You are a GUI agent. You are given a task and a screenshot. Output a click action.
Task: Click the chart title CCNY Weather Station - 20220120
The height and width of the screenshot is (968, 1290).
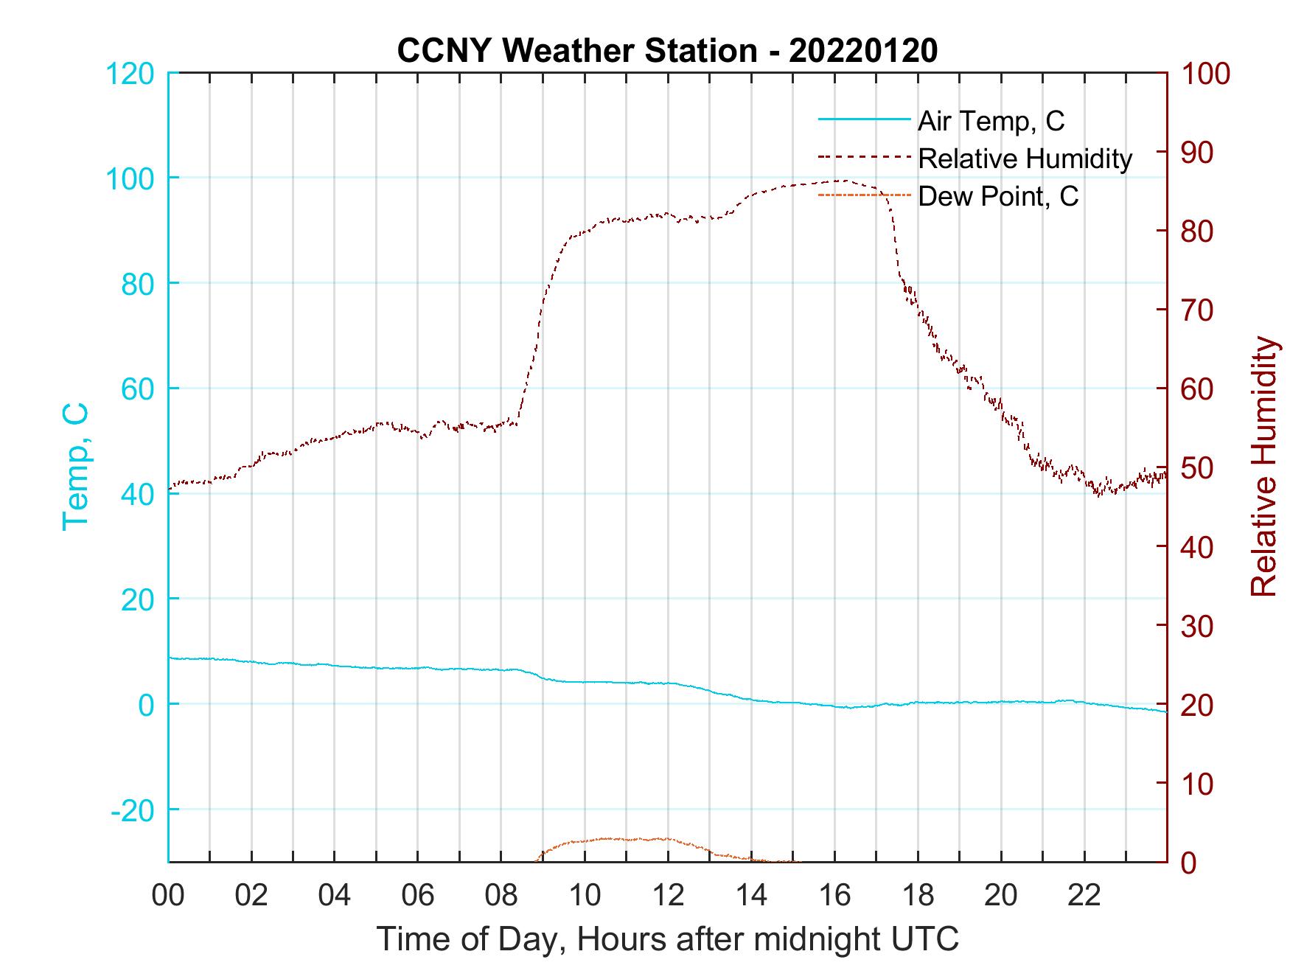(x=667, y=51)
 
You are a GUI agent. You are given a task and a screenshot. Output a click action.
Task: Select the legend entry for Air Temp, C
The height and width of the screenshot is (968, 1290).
(x=991, y=121)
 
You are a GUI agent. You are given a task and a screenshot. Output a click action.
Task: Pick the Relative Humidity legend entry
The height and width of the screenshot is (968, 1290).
(x=1025, y=159)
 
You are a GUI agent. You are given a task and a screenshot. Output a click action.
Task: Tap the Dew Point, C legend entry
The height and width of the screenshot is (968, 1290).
(x=998, y=196)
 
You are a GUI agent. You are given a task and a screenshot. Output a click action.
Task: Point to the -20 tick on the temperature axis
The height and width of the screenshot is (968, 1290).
(x=133, y=810)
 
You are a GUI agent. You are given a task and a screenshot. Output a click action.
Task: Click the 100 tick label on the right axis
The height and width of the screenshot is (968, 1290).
(x=1206, y=74)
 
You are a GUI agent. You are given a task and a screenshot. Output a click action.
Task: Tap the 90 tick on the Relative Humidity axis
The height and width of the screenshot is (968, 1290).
(x=1199, y=153)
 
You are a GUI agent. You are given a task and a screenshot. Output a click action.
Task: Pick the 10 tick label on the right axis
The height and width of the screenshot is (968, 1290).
(x=1199, y=784)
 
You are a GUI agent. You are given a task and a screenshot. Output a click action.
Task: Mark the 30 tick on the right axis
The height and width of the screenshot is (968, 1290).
(x=1199, y=626)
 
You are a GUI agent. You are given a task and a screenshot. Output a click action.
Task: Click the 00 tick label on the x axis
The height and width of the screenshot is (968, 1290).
(x=168, y=896)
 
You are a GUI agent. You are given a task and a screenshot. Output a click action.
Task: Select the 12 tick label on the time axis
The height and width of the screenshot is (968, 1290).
(x=668, y=896)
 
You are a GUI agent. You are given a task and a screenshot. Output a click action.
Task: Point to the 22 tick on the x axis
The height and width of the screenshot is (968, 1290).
(x=1084, y=896)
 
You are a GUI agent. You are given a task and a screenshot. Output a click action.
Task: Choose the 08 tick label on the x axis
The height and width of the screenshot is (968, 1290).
(x=501, y=896)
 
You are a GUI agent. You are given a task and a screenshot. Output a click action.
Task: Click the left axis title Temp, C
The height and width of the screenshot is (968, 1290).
(x=75, y=466)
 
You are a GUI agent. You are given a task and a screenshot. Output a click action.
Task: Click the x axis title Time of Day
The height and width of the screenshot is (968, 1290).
(x=667, y=939)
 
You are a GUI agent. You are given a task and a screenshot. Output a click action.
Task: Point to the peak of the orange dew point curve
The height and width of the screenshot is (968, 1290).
(x=612, y=838)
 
